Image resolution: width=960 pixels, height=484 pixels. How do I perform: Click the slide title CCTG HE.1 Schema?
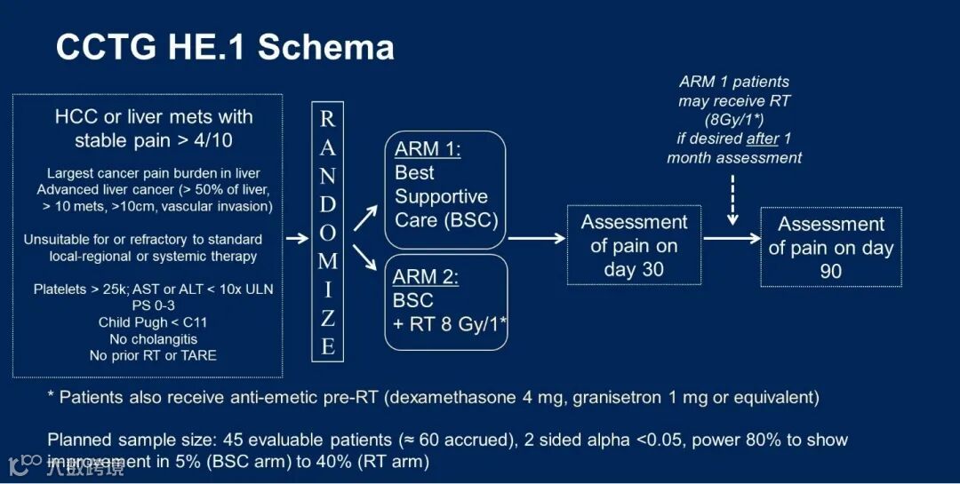pyautogui.click(x=225, y=47)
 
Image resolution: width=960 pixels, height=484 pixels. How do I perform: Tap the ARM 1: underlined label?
pyautogui.click(x=428, y=149)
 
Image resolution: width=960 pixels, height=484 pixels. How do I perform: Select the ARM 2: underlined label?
pyautogui.click(x=427, y=276)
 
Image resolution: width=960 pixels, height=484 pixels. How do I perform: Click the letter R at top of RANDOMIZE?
pyautogui.click(x=327, y=119)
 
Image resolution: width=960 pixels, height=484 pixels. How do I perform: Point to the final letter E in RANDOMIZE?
pyautogui.click(x=327, y=345)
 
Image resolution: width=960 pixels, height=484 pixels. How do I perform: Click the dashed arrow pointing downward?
pyautogui.click(x=733, y=200)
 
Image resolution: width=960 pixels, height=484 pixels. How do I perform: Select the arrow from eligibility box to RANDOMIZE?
pyautogui.click(x=297, y=238)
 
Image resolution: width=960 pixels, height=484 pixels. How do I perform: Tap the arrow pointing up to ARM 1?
pyautogui.click(x=364, y=215)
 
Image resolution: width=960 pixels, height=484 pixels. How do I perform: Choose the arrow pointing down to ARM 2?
pyautogui.click(x=364, y=258)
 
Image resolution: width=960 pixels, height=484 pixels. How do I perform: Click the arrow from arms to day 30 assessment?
pyautogui.click(x=537, y=238)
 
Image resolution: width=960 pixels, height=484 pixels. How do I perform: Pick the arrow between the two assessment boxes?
pyautogui.click(x=732, y=238)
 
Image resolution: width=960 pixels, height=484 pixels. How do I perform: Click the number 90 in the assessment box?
pyautogui.click(x=830, y=272)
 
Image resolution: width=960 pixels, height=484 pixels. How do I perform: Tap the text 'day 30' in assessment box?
pyautogui.click(x=634, y=269)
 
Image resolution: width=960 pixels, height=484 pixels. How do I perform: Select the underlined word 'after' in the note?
pyautogui.click(x=763, y=139)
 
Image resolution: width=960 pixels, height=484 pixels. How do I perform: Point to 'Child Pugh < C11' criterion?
pyautogui.click(x=153, y=322)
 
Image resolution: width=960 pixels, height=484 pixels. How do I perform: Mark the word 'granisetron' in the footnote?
pyautogui.click(x=617, y=397)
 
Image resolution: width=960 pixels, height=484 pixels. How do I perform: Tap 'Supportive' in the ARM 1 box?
pyautogui.click(x=442, y=196)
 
